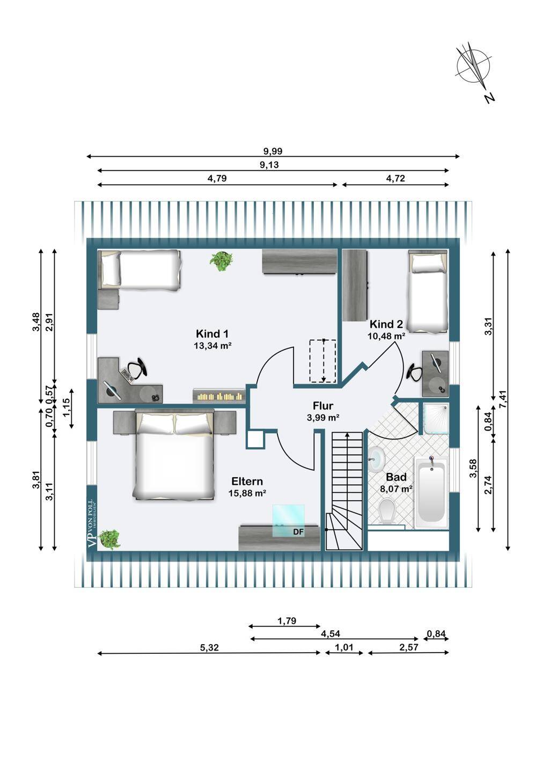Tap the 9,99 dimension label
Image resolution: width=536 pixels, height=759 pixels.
click(x=273, y=151)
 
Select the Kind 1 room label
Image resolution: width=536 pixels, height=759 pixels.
click(x=212, y=333)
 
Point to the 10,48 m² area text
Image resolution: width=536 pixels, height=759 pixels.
click(x=386, y=336)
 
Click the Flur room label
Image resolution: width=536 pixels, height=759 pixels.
click(x=323, y=406)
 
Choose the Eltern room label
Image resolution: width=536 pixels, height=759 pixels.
click(x=247, y=481)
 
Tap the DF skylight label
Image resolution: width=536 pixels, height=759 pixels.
click(x=298, y=532)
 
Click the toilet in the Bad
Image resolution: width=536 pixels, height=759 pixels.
click(x=387, y=510)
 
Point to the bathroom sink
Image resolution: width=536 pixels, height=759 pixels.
click(x=377, y=457)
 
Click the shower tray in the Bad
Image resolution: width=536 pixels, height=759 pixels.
click(x=435, y=418)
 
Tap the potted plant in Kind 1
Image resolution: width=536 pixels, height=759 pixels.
click(x=221, y=260)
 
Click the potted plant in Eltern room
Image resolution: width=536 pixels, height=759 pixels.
click(x=109, y=538)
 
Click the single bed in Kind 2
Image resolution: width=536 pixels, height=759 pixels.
click(x=427, y=290)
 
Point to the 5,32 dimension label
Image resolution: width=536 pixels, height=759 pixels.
click(x=209, y=648)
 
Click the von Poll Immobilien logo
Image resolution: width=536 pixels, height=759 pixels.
click(x=92, y=517)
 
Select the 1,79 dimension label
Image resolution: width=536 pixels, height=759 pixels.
click(x=287, y=621)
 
